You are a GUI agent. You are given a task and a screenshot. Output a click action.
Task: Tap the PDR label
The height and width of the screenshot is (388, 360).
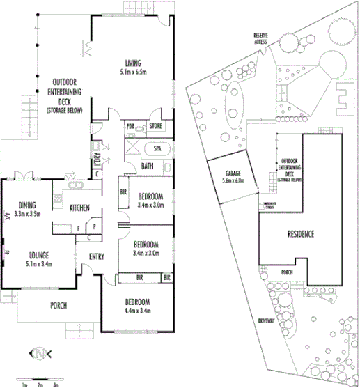tap(130, 126)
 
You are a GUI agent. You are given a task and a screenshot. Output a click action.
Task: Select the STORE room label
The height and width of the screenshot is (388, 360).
tap(155, 126)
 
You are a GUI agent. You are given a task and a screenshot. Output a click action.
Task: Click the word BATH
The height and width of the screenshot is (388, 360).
tap(148, 166)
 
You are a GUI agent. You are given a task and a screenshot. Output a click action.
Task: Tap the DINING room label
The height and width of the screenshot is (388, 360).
tap(29, 205)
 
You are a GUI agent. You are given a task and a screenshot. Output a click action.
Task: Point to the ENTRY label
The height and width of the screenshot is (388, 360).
tap(97, 256)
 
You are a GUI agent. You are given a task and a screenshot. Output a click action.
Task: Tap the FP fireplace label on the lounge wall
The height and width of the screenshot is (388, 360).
tap(5, 252)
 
